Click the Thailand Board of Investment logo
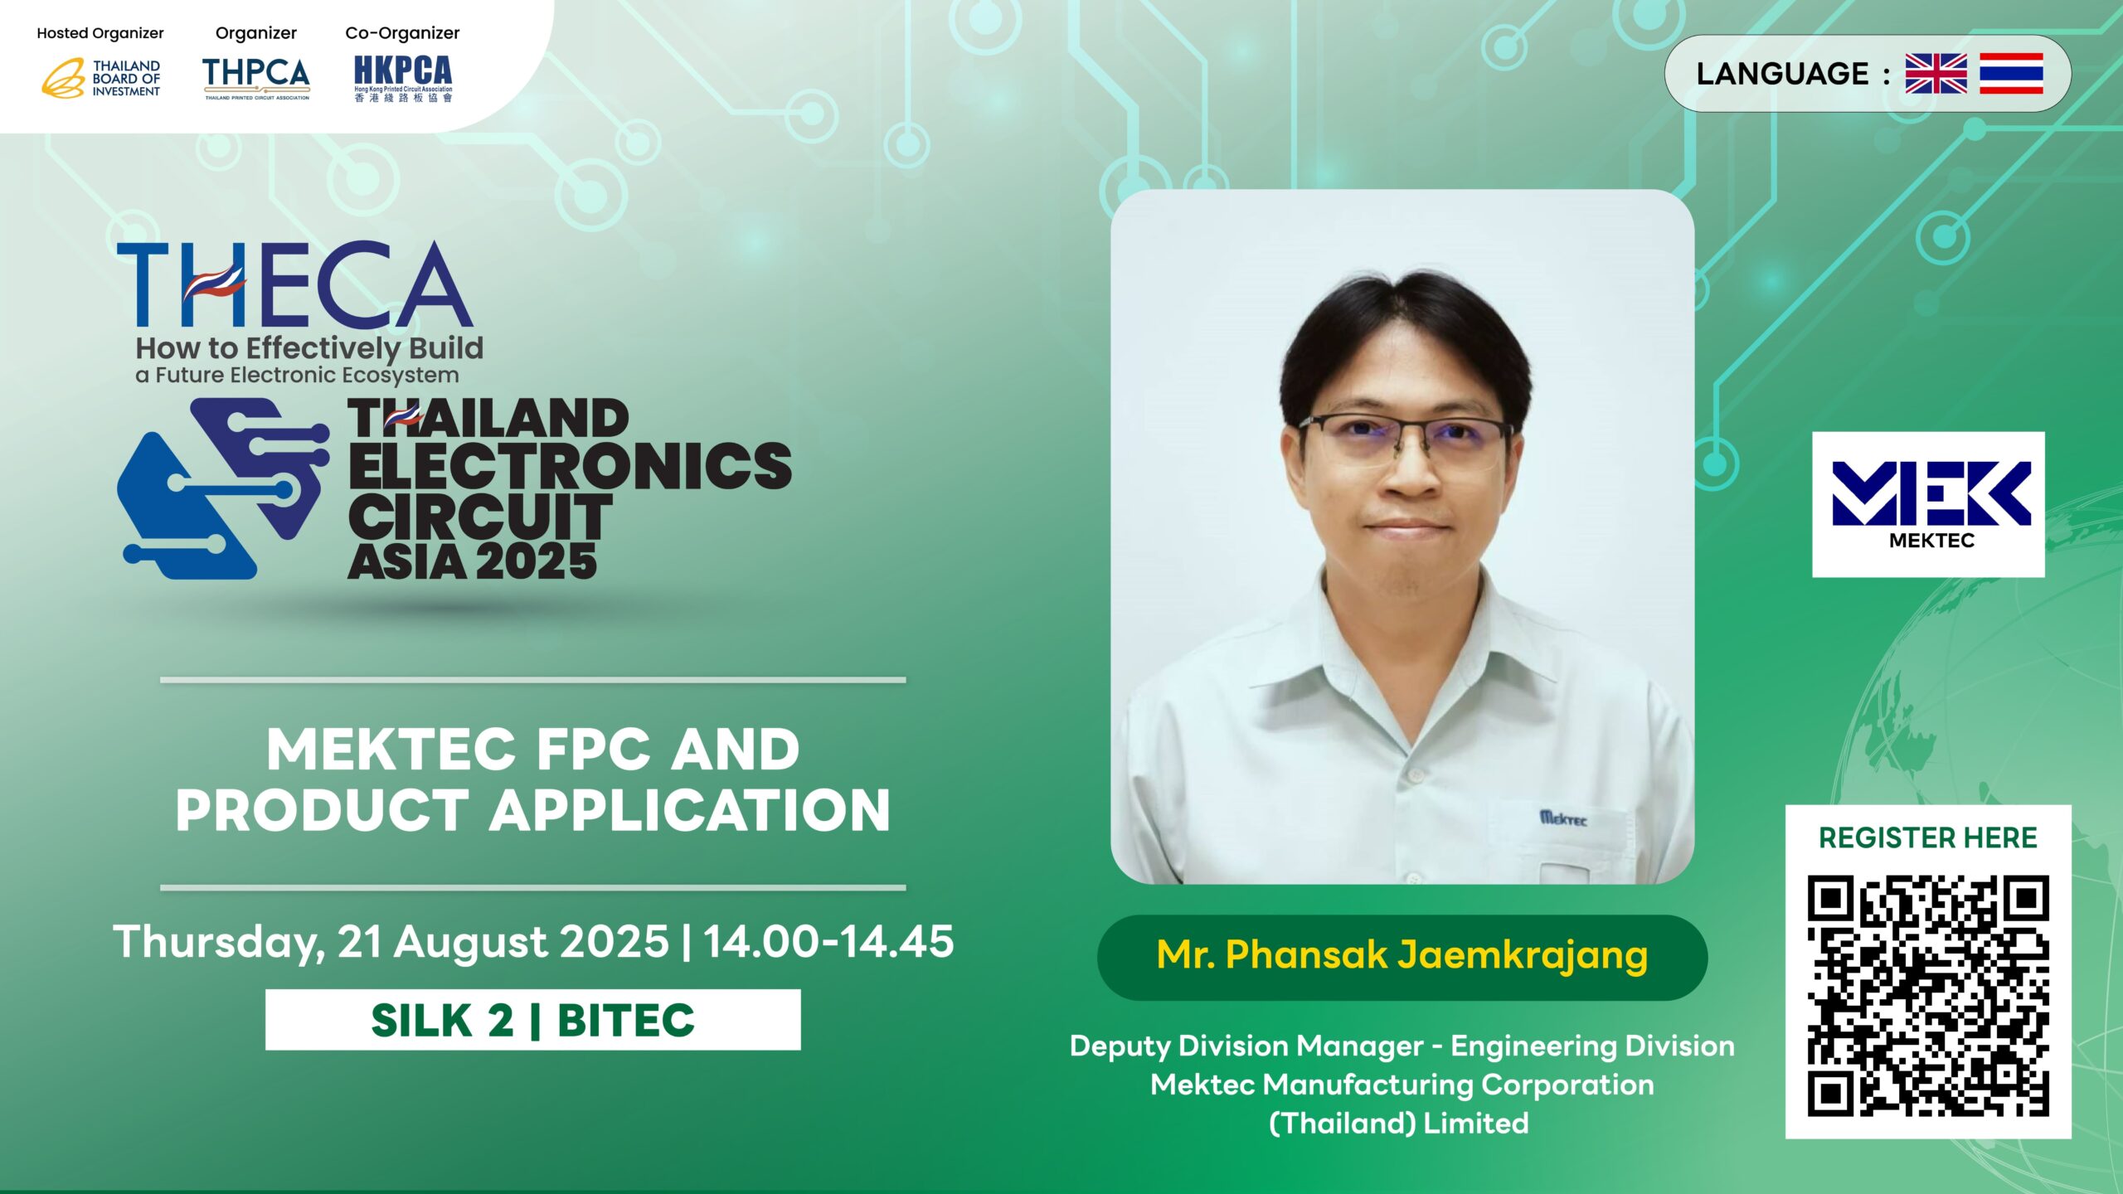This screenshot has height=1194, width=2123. click(x=101, y=78)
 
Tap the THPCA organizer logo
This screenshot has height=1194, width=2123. click(x=256, y=78)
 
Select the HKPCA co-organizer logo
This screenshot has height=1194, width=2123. click(x=403, y=78)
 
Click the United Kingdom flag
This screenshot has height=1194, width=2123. click(x=1936, y=73)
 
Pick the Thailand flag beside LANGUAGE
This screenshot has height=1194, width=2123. click(x=2011, y=73)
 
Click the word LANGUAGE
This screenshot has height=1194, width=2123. click(x=1782, y=74)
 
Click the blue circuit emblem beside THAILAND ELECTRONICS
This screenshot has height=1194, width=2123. click(x=222, y=488)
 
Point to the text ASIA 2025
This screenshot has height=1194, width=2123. click(x=473, y=561)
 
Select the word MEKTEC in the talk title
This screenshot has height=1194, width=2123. click(x=391, y=750)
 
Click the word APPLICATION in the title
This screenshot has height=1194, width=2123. click(x=690, y=810)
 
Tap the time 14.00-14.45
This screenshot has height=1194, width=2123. click(x=828, y=941)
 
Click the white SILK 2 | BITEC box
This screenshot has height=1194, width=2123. click(x=533, y=1020)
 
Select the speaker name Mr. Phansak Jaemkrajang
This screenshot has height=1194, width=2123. click(x=1402, y=955)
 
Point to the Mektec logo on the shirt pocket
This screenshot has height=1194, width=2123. click(x=1563, y=818)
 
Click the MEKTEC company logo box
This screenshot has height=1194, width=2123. click(x=1928, y=504)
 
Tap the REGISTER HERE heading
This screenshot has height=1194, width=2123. click(x=1928, y=837)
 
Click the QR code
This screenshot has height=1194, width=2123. click(x=1928, y=996)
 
